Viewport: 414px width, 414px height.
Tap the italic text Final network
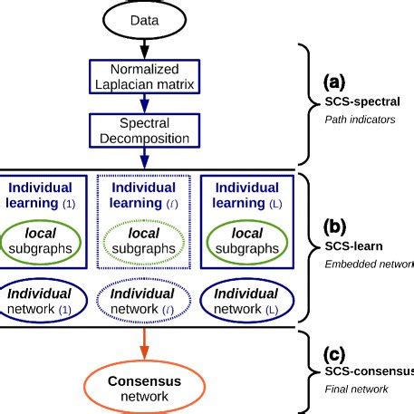(x=356, y=389)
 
